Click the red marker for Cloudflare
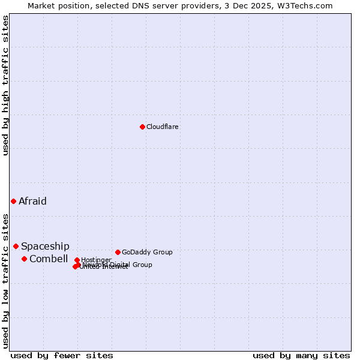click(142, 127)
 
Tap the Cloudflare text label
click(163, 127)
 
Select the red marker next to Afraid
click(13, 201)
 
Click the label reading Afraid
click(32, 201)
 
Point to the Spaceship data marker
click(16, 246)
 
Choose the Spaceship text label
click(45, 246)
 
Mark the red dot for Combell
click(24, 259)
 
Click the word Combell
click(49, 259)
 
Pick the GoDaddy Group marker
click(118, 252)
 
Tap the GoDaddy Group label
click(147, 252)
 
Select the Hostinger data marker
click(77, 260)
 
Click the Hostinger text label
click(96, 260)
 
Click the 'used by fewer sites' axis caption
click(62, 355)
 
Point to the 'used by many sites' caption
click(301, 355)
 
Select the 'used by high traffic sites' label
click(5, 85)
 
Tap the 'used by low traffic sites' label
click(5, 281)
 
